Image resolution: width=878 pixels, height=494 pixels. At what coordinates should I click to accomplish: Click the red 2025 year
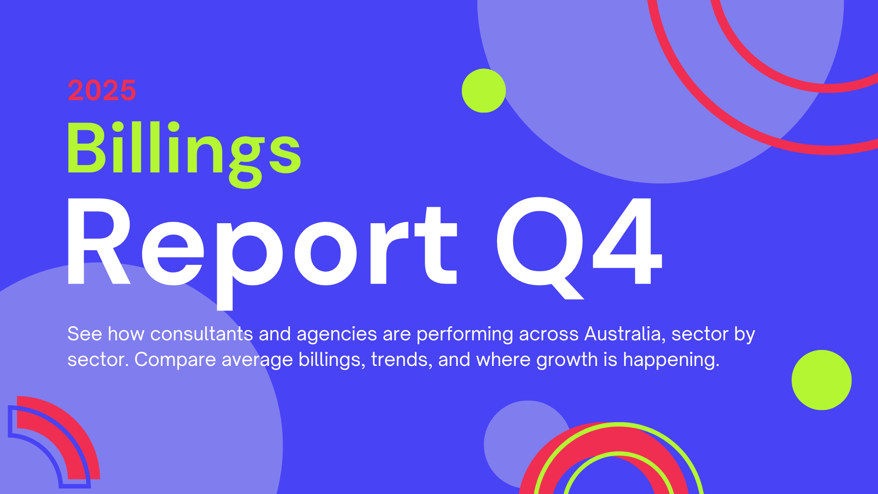[x=102, y=90]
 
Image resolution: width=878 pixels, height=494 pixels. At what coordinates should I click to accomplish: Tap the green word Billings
[x=184, y=154]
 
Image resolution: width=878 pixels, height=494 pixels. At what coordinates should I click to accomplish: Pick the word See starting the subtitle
[x=85, y=333]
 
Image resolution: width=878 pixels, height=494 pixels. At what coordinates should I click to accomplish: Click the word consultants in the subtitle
[x=201, y=333]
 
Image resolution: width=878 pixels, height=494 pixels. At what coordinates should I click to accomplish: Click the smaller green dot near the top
[x=484, y=91]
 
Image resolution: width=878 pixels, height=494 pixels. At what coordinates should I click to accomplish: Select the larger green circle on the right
[x=822, y=380]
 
